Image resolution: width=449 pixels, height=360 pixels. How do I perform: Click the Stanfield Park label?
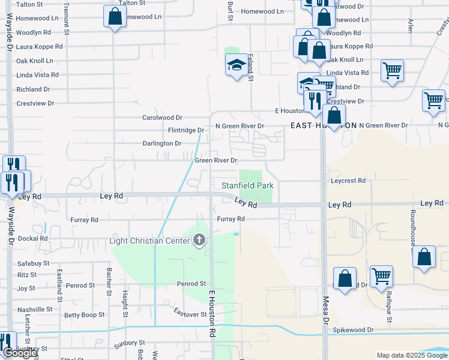point(248,186)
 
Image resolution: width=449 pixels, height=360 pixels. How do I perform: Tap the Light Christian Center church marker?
point(199,241)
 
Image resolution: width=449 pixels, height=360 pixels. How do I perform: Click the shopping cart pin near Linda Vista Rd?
point(392,70)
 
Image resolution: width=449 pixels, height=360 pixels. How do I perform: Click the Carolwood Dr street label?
point(161,118)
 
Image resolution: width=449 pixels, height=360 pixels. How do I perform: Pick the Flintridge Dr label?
point(186,130)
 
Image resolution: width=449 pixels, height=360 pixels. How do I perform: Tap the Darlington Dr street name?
point(161,143)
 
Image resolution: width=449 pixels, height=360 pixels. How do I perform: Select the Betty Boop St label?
point(85,314)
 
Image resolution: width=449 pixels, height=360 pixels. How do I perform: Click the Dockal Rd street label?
point(32,238)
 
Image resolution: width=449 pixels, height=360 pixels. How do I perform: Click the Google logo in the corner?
point(19,353)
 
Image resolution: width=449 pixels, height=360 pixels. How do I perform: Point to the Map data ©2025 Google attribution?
point(411,355)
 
